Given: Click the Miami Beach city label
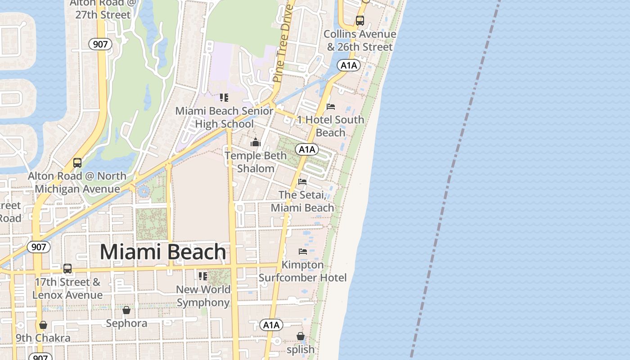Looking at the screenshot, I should pyautogui.click(x=162, y=252).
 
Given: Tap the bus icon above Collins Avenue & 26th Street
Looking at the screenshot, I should pyautogui.click(x=360, y=20).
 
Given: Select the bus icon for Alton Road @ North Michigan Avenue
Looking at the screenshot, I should pyautogui.click(x=77, y=162).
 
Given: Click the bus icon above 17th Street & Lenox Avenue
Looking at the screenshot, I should pyautogui.click(x=67, y=269).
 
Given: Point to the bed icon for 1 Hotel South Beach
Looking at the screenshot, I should pyautogui.click(x=331, y=107).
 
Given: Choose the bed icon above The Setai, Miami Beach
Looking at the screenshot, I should pyautogui.click(x=302, y=182).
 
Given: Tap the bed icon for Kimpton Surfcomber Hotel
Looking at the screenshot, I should pyautogui.click(x=303, y=251).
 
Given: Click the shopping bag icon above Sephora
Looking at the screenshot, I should pyautogui.click(x=126, y=310).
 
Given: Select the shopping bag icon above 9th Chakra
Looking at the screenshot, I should pyautogui.click(x=43, y=325).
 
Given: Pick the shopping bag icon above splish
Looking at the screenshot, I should pyautogui.click(x=301, y=336).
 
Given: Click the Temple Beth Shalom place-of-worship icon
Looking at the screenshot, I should pyautogui.click(x=256, y=142).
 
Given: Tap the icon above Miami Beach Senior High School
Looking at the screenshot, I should pyautogui.click(x=224, y=98).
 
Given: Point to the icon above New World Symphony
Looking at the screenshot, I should pyautogui.click(x=203, y=276).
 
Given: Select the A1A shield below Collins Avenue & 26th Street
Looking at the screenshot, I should pyautogui.click(x=348, y=65).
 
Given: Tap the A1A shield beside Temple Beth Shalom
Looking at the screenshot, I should pyautogui.click(x=307, y=149).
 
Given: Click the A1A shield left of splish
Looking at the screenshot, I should pyautogui.click(x=271, y=325).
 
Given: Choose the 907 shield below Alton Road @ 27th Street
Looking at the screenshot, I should pyautogui.click(x=100, y=44).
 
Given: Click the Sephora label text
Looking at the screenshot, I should pyautogui.click(x=126, y=323).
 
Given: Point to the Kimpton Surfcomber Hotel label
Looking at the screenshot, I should pyautogui.click(x=302, y=271).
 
